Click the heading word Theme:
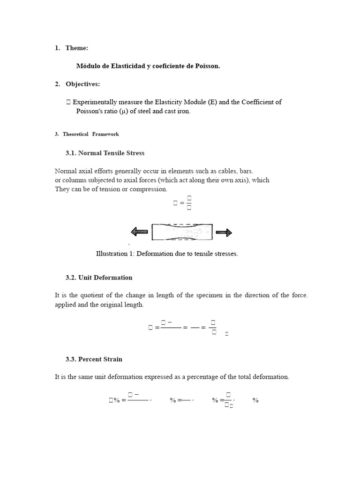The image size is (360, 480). point(77,48)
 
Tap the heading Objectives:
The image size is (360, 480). point(82,84)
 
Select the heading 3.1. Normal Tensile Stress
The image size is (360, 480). point(105,153)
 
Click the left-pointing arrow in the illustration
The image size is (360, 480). point(139,232)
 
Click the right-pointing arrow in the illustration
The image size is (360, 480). point(224,232)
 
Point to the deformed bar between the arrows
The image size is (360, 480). point(182,232)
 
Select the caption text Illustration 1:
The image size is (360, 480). point(115,254)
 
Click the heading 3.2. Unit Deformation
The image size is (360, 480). point(99,277)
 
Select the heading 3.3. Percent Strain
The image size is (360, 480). point(94,359)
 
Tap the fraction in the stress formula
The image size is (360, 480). point(189,203)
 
